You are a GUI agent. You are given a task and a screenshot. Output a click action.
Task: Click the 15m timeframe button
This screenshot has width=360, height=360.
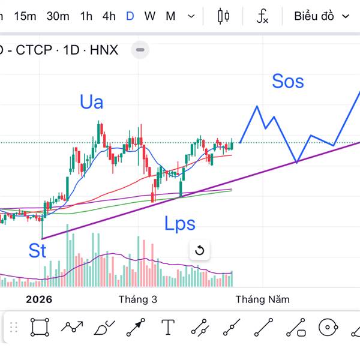tap(25, 16)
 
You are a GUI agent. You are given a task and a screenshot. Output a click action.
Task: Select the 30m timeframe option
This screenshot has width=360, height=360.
tap(58, 16)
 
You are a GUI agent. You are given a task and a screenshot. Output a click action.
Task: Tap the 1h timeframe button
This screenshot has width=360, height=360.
tap(86, 16)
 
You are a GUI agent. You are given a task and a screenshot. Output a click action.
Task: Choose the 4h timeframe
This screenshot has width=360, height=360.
tap(109, 16)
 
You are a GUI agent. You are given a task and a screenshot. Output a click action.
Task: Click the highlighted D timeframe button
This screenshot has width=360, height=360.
tap(130, 16)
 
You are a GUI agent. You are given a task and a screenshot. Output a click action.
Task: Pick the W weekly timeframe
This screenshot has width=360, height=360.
tap(149, 16)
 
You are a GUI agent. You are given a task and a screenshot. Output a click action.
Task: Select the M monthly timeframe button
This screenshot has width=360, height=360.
tap(170, 16)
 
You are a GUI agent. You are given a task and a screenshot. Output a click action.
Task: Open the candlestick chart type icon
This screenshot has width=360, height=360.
tap(224, 16)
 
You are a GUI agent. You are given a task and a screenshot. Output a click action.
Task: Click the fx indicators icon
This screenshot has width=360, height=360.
tap(262, 17)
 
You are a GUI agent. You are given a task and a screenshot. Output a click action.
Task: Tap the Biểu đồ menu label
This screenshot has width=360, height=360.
tap(314, 16)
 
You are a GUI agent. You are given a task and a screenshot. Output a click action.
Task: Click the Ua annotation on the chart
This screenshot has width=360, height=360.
tap(91, 102)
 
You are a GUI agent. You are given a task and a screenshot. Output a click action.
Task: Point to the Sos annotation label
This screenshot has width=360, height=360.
tap(288, 81)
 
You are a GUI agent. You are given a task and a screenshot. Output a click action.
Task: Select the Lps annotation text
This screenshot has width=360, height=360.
tap(180, 224)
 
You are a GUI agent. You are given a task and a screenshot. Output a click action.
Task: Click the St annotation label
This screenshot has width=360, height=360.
tap(37, 250)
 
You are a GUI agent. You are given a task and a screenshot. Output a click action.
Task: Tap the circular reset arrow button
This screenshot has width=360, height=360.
tap(200, 251)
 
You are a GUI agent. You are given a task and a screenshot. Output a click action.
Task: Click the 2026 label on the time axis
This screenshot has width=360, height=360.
tap(39, 299)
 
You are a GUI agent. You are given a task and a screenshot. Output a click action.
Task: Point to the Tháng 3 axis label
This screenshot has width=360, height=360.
tap(138, 299)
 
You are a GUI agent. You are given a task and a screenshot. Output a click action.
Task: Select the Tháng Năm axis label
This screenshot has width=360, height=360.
tap(262, 299)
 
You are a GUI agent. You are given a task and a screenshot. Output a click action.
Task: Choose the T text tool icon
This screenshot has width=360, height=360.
tap(168, 328)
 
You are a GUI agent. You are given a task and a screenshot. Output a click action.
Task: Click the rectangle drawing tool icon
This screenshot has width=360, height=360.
tap(40, 328)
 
